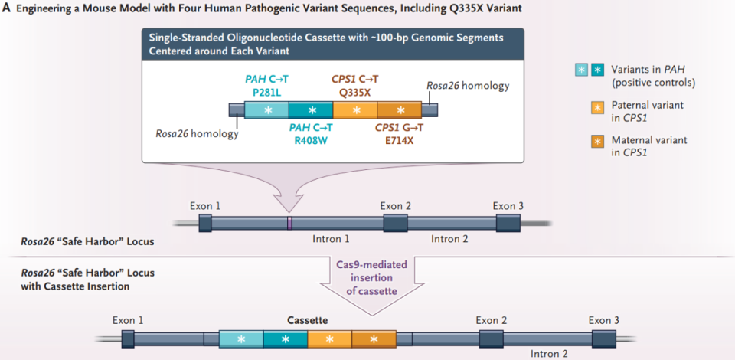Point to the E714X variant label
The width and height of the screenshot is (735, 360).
pyautogui.click(x=400, y=140)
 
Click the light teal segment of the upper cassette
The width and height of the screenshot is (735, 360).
pyautogui.click(x=267, y=110)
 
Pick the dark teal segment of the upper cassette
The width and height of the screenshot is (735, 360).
pyautogui.click(x=312, y=110)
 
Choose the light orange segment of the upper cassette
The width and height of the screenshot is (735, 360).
pyautogui.click(x=355, y=110)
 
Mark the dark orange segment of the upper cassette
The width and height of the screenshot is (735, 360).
pyautogui.click(x=400, y=110)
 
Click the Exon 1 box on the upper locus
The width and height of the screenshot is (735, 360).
pyautogui.click(x=205, y=223)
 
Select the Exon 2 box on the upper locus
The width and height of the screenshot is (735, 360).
pyautogui.click(x=395, y=223)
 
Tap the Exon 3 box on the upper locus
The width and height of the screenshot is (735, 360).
pyautogui.click(x=508, y=223)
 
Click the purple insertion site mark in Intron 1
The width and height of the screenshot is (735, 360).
pyautogui.click(x=289, y=223)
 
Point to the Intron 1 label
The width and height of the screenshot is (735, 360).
pyautogui.click(x=331, y=240)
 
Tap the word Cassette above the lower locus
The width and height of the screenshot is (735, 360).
pyautogui.click(x=308, y=320)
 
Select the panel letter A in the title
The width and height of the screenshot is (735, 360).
pyautogui.click(x=7, y=8)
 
